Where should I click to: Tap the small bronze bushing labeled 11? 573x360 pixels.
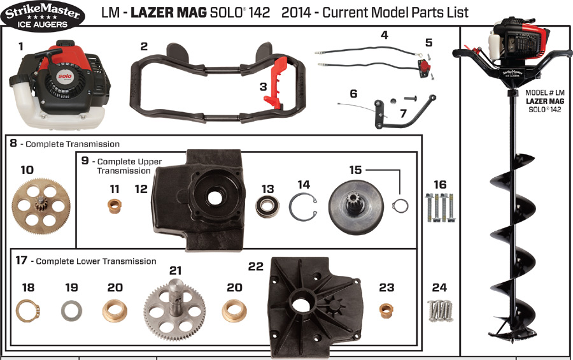115,207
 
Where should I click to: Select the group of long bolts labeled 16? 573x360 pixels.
440,208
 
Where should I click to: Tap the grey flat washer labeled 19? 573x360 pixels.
71,312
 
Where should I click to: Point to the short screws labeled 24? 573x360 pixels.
440,310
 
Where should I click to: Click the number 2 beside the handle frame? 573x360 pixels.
144,47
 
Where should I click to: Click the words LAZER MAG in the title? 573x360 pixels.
169,12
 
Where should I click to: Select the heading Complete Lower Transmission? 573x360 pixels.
95,261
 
